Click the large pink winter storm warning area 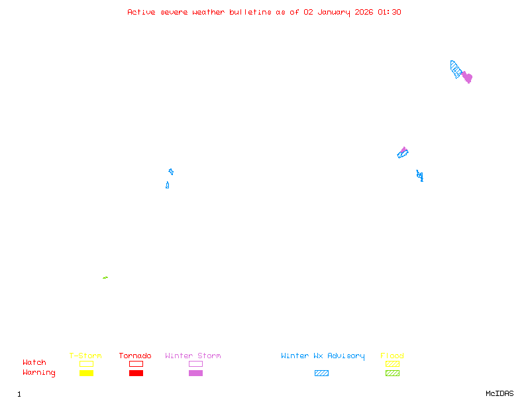click(x=467, y=78)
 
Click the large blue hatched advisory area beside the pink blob click(x=456, y=69)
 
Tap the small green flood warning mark click(x=105, y=277)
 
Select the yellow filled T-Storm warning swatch click(x=86, y=373)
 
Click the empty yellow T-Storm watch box click(x=86, y=364)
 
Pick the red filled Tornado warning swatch click(x=136, y=373)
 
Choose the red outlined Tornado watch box click(x=136, y=364)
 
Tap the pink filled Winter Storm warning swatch click(x=195, y=373)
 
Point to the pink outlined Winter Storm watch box click(x=195, y=364)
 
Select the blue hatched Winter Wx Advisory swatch click(x=321, y=373)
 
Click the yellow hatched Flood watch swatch click(x=392, y=364)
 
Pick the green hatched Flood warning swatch click(x=392, y=373)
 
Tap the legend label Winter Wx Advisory click(x=323, y=356)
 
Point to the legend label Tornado click(x=135, y=356)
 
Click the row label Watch click(x=34, y=363)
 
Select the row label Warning click(x=39, y=373)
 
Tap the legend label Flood click(x=392, y=356)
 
